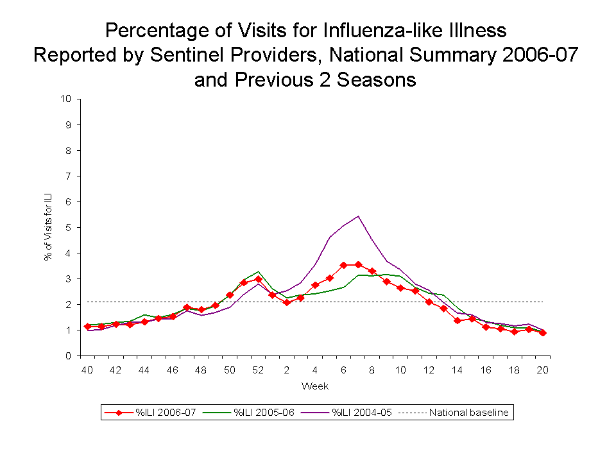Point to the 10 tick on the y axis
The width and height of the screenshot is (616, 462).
click(65, 99)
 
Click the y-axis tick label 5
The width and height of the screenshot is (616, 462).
click(67, 227)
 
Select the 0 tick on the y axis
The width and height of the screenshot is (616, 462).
click(67, 355)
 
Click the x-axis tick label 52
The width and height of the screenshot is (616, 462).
click(258, 370)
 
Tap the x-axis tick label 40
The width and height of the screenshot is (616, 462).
click(87, 370)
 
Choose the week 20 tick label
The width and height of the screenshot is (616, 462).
click(543, 370)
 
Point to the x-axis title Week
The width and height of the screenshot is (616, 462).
click(315, 386)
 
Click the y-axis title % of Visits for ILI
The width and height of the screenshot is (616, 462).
click(48, 227)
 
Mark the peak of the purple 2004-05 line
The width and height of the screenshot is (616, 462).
click(357, 216)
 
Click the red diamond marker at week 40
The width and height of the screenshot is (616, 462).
click(87, 327)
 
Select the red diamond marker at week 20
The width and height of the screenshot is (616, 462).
click(543, 333)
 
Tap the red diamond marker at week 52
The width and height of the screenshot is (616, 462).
click(258, 279)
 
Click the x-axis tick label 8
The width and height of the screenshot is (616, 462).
click(372, 370)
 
